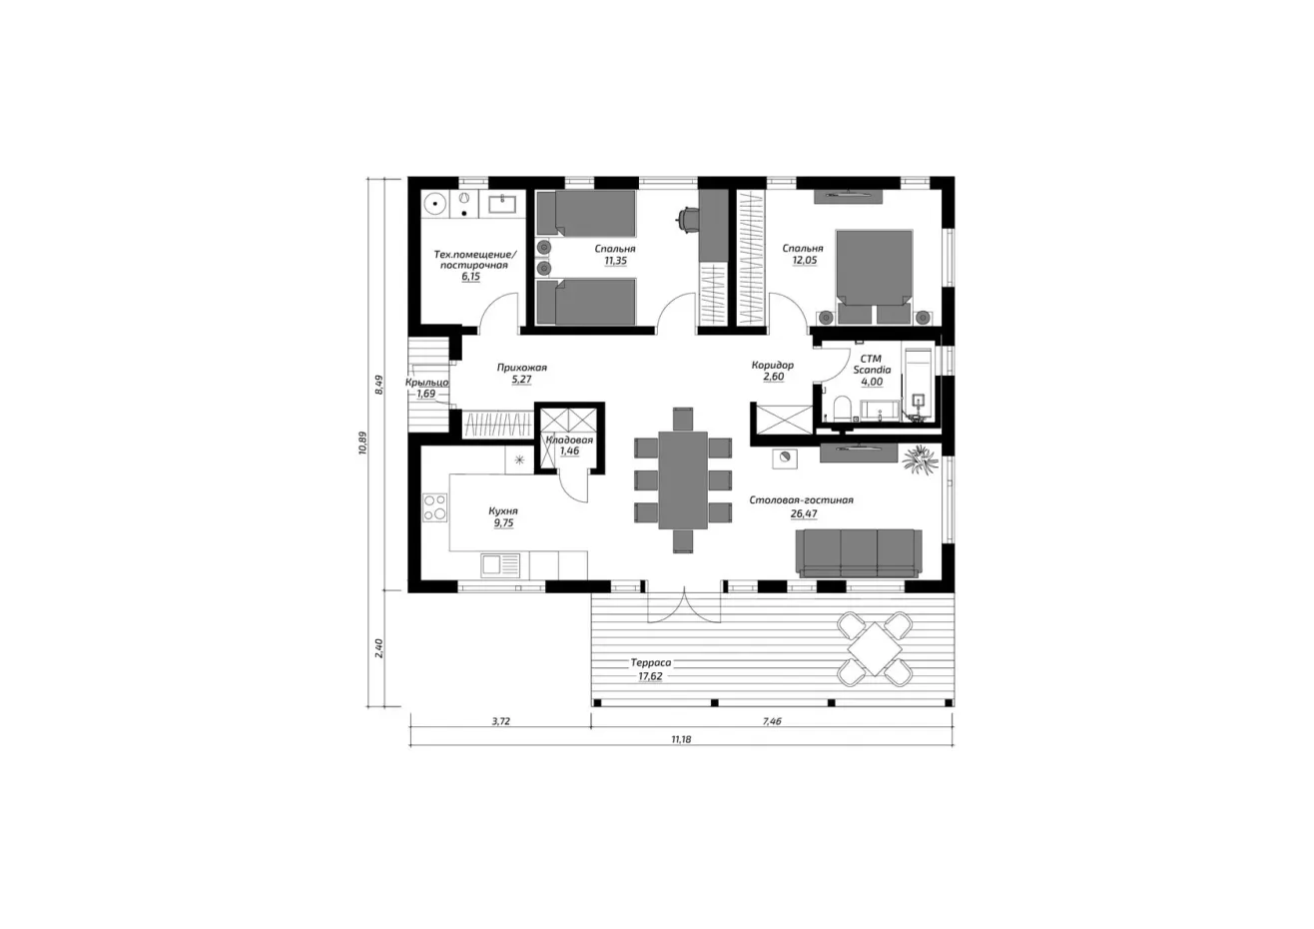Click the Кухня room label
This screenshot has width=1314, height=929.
(x=503, y=511)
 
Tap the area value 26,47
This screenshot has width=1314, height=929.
(x=804, y=514)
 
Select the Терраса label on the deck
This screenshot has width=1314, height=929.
(x=651, y=662)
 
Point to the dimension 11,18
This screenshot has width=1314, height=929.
(x=681, y=739)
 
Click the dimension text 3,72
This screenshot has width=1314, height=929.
(x=500, y=721)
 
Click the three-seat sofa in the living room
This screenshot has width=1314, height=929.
(x=859, y=552)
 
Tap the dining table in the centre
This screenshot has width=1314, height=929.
(x=683, y=480)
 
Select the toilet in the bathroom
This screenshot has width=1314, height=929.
(x=842, y=408)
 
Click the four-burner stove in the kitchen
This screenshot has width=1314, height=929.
(x=434, y=507)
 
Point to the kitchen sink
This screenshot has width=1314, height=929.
(x=500, y=565)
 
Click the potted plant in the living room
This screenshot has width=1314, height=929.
(x=920, y=459)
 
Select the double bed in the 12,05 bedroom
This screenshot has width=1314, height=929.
(x=874, y=276)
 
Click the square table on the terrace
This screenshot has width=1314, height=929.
(x=876, y=649)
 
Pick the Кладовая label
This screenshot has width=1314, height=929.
(x=569, y=441)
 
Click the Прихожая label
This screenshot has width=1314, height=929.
(x=521, y=368)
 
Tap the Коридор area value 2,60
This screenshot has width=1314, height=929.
(x=773, y=377)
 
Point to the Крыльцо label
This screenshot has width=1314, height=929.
(x=427, y=383)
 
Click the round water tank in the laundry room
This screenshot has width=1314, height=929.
(x=434, y=204)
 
